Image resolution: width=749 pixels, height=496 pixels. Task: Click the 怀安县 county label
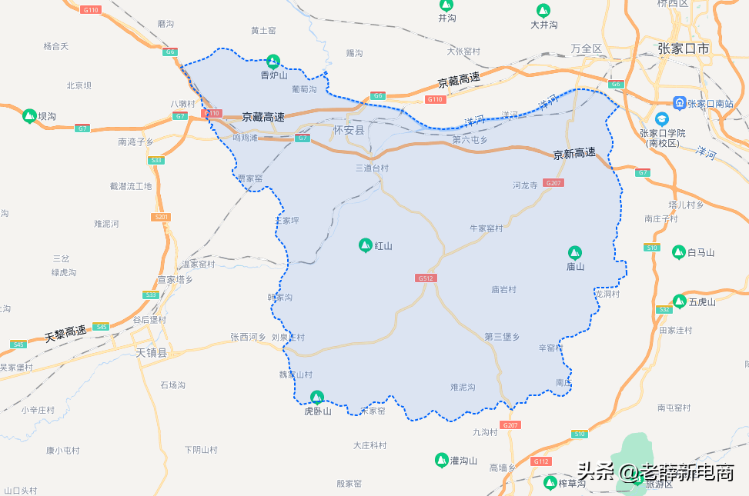pyautogui.click(x=349, y=131)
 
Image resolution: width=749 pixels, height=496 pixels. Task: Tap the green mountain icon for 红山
pyautogui.click(x=366, y=245)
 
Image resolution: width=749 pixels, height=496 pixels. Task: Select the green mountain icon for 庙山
pyautogui.click(x=574, y=252)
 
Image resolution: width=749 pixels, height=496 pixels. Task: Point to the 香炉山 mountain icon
pyautogui.click(x=273, y=61)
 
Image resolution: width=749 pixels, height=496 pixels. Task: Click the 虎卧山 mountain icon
pyautogui.click(x=316, y=397)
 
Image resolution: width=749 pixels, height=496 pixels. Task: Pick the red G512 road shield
pyautogui.click(x=426, y=278)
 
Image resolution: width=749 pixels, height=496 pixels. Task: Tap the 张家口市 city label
pyautogui.click(x=684, y=48)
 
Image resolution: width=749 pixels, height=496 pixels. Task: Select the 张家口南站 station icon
pyautogui.click(x=679, y=102)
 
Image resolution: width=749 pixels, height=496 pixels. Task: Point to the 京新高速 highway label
pyautogui.click(x=574, y=153)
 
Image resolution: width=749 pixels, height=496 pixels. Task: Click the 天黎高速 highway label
pyautogui.click(x=65, y=333)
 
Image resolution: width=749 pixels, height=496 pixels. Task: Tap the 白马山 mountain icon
pyautogui.click(x=679, y=252)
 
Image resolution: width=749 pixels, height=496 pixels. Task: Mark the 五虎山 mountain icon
pyautogui.click(x=680, y=301)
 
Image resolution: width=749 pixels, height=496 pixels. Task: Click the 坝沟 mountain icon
pyautogui.click(x=29, y=116)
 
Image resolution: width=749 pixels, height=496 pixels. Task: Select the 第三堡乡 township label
pyautogui.click(x=502, y=337)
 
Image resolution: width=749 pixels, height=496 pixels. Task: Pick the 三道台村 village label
pyautogui.click(x=372, y=168)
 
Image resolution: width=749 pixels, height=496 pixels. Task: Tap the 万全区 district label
pyautogui.click(x=587, y=48)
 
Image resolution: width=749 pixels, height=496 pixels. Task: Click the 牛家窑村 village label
pyautogui.click(x=486, y=228)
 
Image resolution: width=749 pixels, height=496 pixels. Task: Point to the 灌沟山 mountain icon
pyautogui.click(x=442, y=460)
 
